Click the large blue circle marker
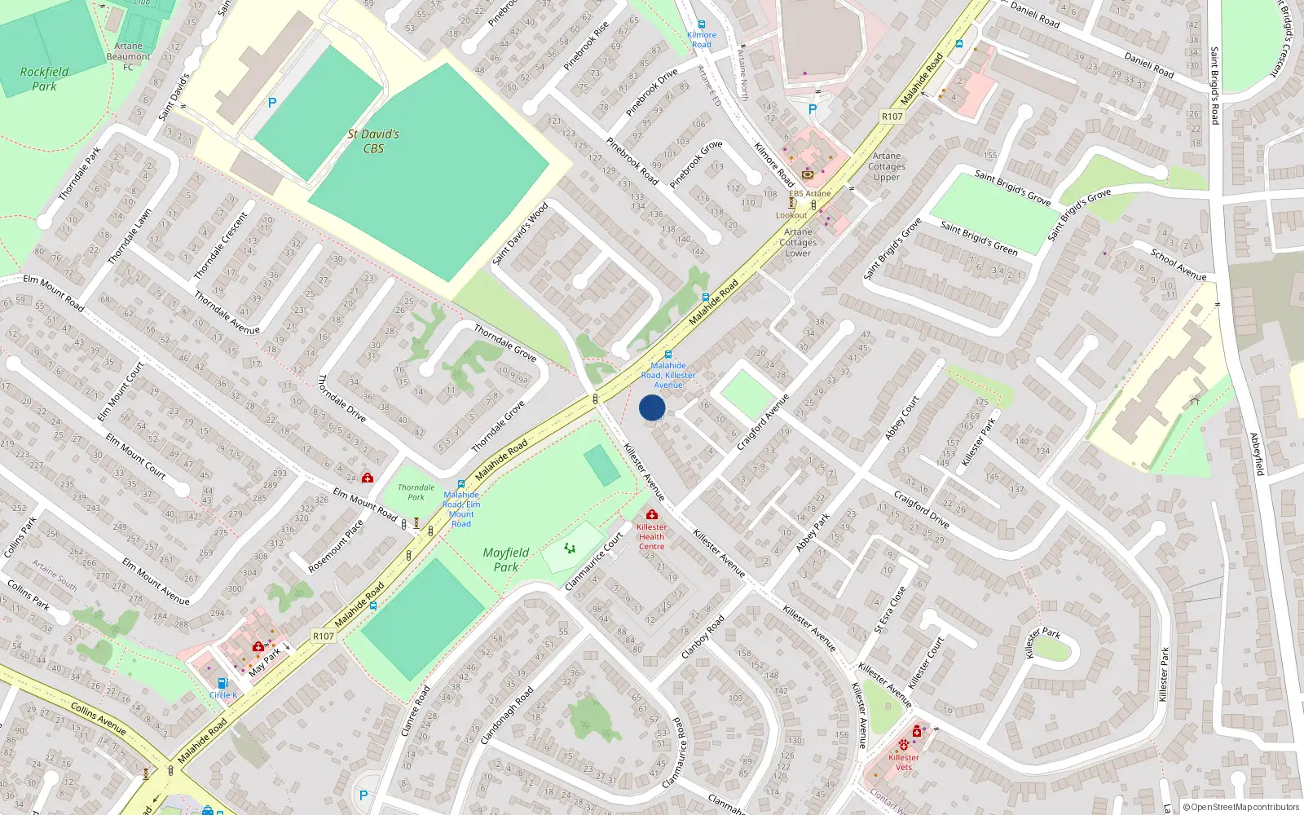coord(652,407)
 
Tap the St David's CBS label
coord(373,141)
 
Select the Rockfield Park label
coord(44,79)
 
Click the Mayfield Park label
coord(505,560)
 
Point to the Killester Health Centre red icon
coord(651,514)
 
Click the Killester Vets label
coord(904,762)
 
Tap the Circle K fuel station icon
coord(222,684)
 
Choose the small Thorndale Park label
coord(416,492)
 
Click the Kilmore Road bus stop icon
coord(702,25)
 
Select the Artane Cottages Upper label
coord(887,166)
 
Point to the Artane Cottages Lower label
coord(798,242)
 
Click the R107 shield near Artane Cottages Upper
coord(892,117)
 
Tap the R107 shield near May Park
coord(324,636)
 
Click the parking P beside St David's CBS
coord(272,103)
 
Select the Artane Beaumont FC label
coord(128,56)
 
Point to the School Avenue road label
coord(1178,265)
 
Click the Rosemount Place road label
coord(335,546)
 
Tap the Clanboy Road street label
coord(703,637)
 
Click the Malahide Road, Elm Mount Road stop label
coord(461,509)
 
